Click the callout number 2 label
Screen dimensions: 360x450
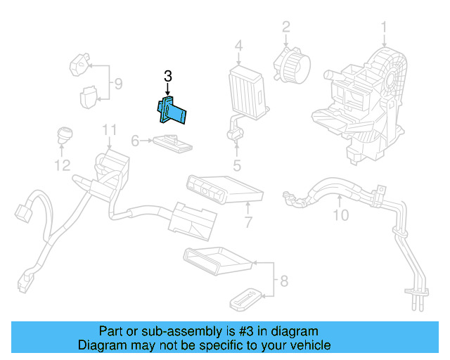[x=286, y=27]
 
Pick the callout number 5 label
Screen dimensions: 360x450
[x=237, y=166]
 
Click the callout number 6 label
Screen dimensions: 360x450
[x=135, y=141]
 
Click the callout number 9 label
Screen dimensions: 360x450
[x=118, y=85]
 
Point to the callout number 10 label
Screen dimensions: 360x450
[x=340, y=215]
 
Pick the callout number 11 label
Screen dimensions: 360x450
[x=108, y=130]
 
